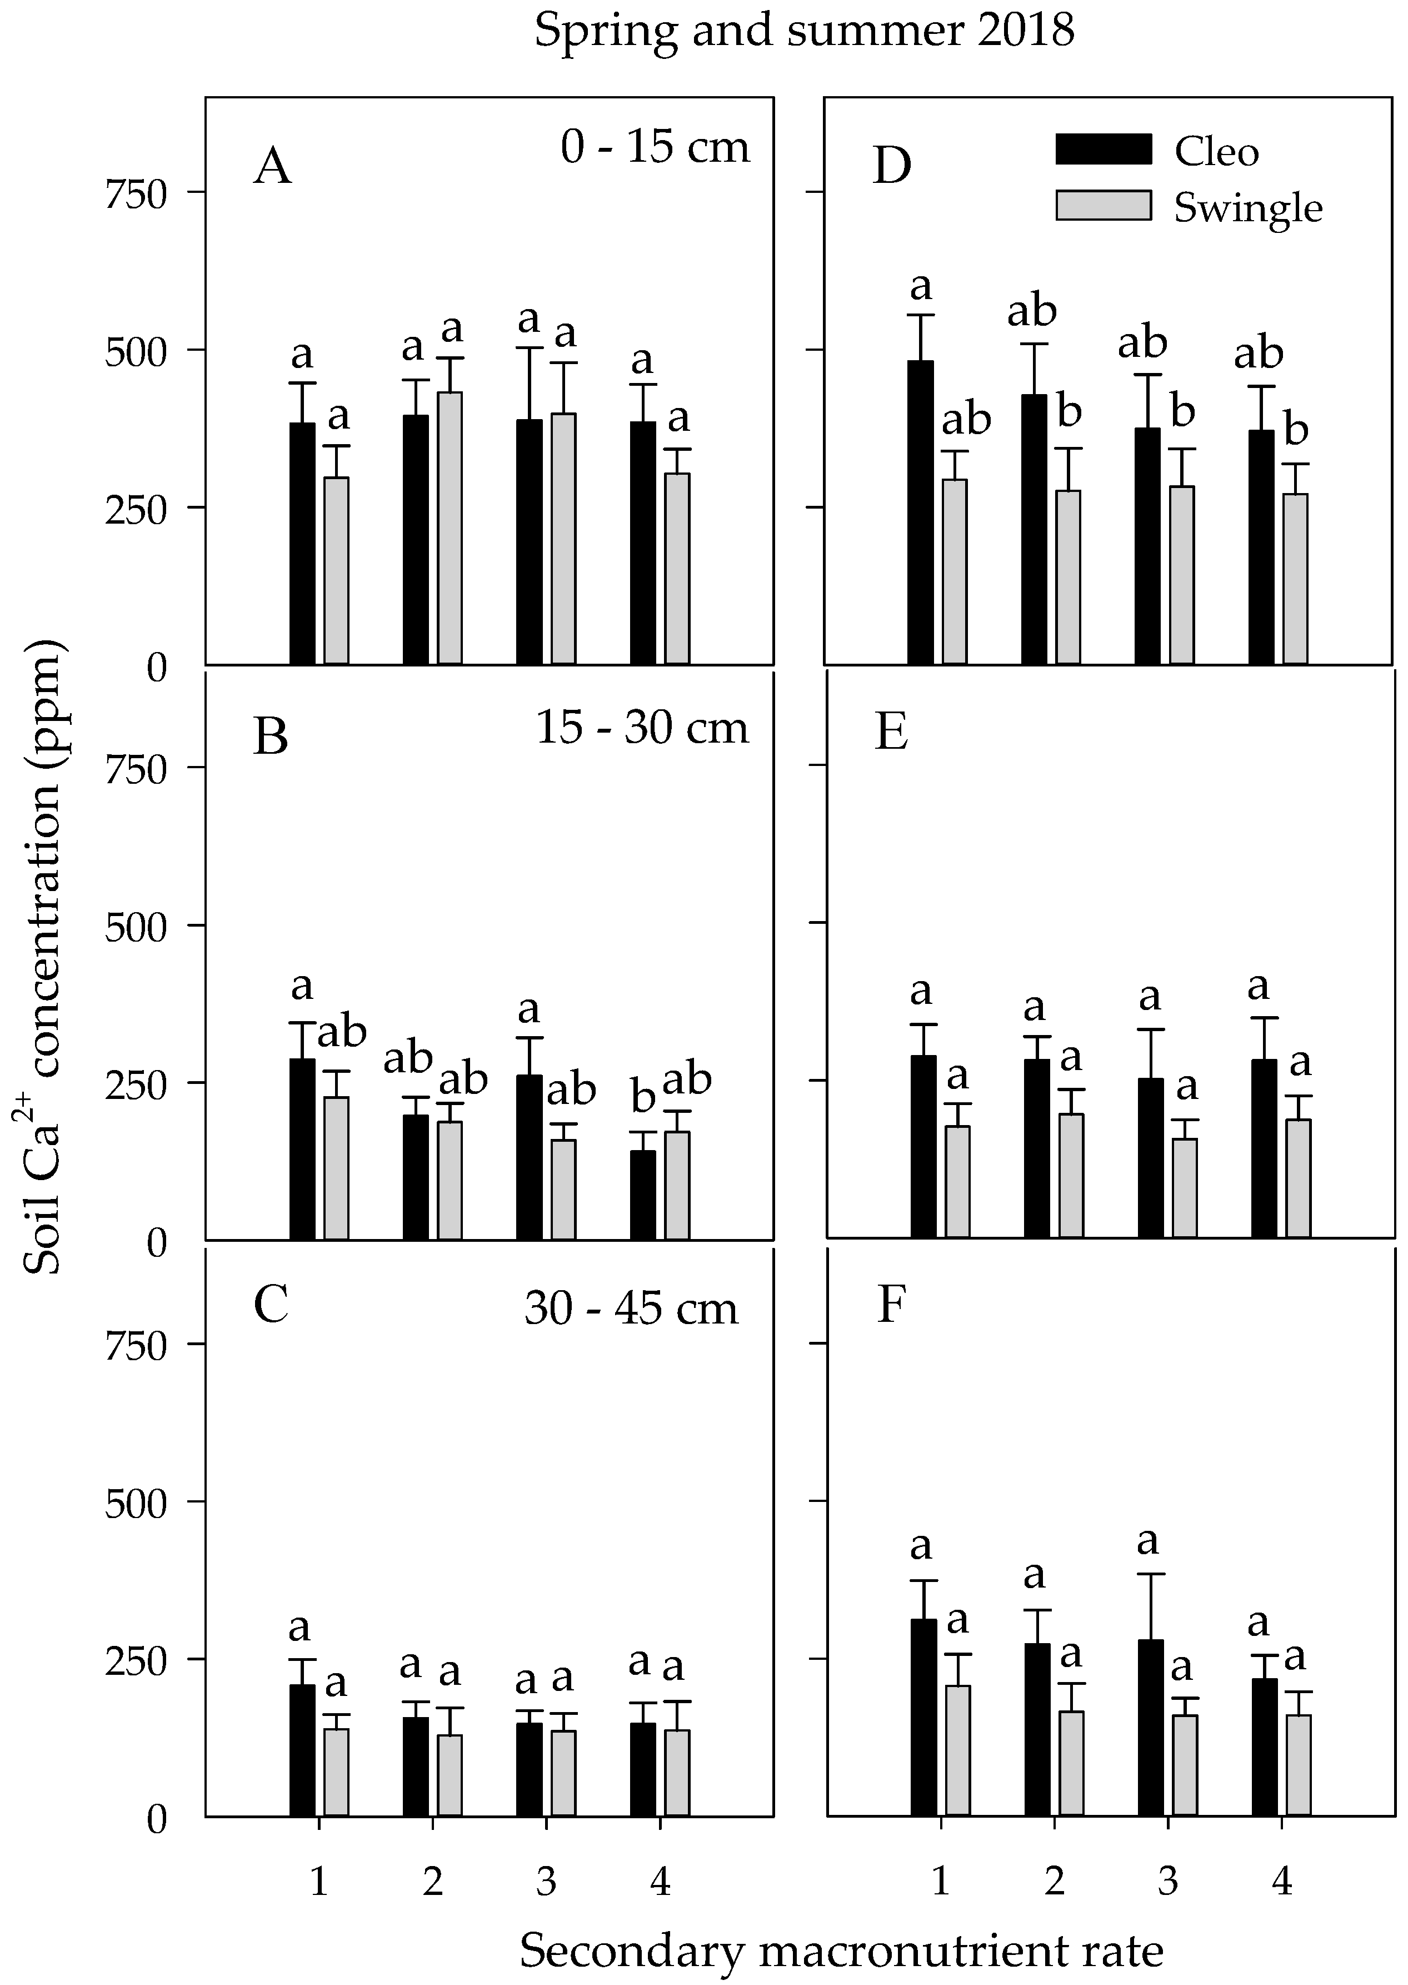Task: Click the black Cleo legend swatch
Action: (1103, 149)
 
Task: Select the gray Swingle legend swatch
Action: (1103, 206)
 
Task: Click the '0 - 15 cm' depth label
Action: (655, 147)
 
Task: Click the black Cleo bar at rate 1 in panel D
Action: (920, 511)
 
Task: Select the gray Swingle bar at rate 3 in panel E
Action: (1184, 1187)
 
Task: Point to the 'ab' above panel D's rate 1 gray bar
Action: (966, 421)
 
